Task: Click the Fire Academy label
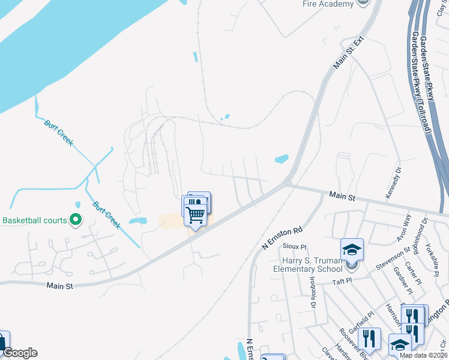[x=328, y=4]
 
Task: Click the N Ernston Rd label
[x=282, y=238]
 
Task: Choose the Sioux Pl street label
[x=294, y=246]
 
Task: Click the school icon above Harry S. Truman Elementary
[x=352, y=250]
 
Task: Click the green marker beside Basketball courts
[x=76, y=220]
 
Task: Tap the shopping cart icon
[x=196, y=214]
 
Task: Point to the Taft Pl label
[x=342, y=281]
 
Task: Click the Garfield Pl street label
[x=362, y=314]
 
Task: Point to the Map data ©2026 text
[x=423, y=355]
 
